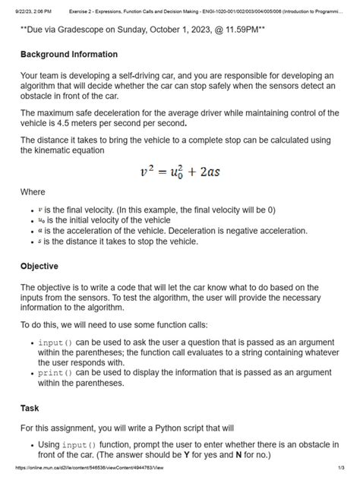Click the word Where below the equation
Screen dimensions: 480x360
[33, 192]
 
